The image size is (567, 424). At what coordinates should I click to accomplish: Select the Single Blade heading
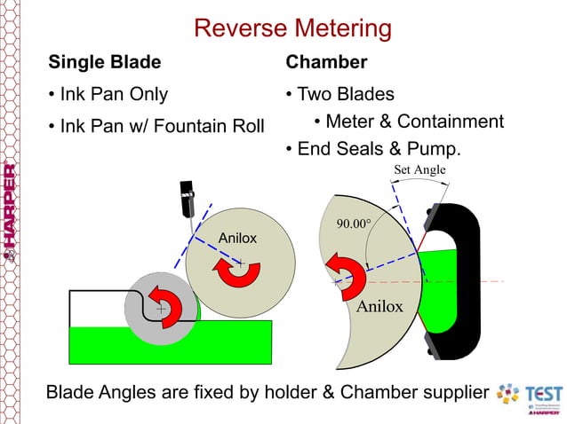[104, 62]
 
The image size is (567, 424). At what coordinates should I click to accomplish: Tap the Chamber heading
[326, 62]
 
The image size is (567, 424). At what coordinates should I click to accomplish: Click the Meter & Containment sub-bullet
[414, 122]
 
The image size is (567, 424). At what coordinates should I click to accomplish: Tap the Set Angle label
[419, 169]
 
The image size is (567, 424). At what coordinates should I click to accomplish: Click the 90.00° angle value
[352, 224]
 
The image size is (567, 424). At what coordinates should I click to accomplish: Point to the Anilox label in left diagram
[237, 237]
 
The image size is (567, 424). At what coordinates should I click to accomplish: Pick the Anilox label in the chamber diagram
[379, 307]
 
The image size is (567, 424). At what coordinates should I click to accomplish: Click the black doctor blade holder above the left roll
[188, 199]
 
